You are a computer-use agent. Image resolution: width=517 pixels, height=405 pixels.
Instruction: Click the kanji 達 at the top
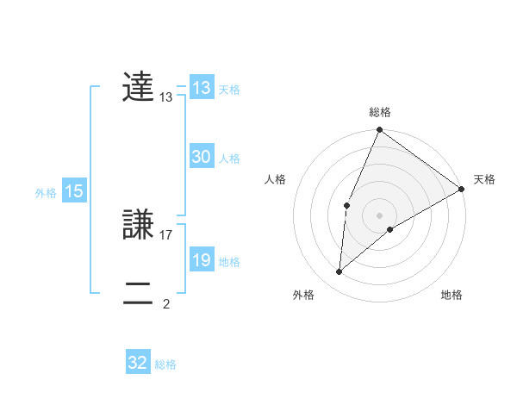tap(138, 88)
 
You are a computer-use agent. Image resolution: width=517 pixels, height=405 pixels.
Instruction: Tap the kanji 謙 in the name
tap(138, 224)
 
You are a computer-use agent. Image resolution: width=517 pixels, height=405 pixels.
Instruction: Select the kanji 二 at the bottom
tap(138, 293)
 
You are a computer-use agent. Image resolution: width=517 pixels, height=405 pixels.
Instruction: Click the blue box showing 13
tap(202, 88)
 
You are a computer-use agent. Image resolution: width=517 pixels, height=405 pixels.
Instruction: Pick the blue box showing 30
tap(202, 157)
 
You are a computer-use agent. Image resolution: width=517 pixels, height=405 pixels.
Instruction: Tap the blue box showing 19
tap(202, 260)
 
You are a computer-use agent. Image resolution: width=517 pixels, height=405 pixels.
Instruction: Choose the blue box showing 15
tap(74, 192)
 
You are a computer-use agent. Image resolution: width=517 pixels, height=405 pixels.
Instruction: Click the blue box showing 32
tap(138, 363)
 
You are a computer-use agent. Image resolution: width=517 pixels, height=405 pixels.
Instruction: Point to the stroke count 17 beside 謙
tap(167, 234)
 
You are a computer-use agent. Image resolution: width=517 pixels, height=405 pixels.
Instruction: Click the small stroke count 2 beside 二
tap(166, 303)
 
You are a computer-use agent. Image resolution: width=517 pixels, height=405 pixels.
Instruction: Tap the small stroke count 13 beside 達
tap(166, 98)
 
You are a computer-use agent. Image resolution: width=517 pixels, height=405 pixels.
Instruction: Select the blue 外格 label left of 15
tap(46, 193)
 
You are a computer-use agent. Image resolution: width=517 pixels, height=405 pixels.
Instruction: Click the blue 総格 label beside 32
tap(165, 364)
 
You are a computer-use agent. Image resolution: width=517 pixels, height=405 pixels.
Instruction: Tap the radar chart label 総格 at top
tap(379, 112)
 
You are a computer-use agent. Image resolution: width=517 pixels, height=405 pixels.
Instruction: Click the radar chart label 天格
tap(484, 179)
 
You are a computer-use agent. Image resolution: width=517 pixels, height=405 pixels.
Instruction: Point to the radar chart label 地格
tap(452, 296)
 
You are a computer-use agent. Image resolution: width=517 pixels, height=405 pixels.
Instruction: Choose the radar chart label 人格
tap(276, 179)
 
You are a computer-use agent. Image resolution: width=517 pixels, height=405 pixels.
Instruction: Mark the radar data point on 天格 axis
tap(463, 189)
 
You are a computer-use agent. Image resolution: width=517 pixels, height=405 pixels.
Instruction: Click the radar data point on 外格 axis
tap(339, 272)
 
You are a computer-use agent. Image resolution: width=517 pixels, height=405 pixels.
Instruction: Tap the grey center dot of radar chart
tap(379, 215)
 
